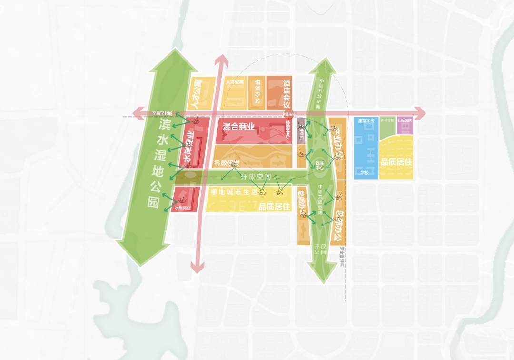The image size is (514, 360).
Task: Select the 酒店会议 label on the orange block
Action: pyautogui.click(x=287, y=94)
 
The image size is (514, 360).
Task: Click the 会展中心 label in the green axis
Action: pyautogui.click(x=319, y=165)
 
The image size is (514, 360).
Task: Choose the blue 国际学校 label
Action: pyautogui.click(x=366, y=121)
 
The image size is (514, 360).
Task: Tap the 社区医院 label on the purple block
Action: pyautogui.click(x=405, y=120)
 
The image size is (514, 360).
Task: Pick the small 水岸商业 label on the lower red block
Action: pyautogui.click(x=183, y=208)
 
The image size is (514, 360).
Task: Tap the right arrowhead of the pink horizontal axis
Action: pyautogui.click(x=420, y=113)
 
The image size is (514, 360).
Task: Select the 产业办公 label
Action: pyautogui.click(x=339, y=142)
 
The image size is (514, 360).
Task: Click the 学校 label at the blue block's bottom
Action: pyautogui.click(x=365, y=172)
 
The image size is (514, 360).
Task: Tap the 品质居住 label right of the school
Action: pyautogui.click(x=397, y=162)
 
